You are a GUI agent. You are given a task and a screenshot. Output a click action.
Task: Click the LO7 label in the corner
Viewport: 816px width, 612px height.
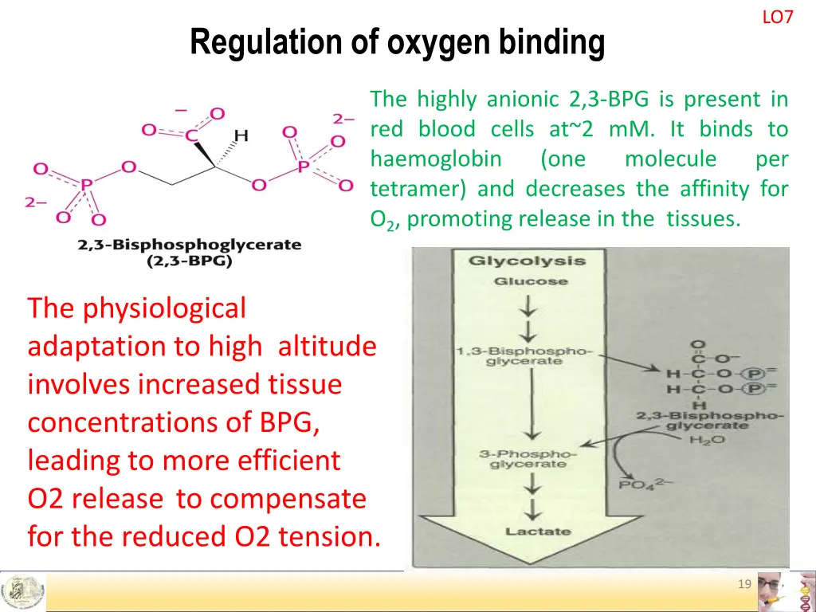pos(777,17)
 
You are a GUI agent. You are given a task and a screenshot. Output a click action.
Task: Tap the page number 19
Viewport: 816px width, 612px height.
pos(744,585)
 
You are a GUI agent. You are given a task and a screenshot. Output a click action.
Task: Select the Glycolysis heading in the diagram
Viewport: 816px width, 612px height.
pos(526,261)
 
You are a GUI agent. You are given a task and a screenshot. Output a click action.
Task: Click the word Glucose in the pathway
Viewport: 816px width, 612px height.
pos(530,280)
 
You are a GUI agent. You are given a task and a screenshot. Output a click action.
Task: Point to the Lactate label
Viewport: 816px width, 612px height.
pos(537,531)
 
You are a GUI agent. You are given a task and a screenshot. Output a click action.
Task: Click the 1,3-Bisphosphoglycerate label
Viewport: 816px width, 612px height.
pos(524,355)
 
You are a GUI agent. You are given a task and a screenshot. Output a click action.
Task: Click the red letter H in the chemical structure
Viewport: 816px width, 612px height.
pos(241,135)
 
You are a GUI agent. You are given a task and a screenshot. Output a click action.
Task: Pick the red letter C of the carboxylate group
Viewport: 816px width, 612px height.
pos(191,136)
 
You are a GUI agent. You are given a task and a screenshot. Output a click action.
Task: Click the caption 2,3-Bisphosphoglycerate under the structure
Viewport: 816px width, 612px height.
pos(190,245)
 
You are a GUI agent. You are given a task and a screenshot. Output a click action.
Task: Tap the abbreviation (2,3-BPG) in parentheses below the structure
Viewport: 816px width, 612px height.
pos(190,261)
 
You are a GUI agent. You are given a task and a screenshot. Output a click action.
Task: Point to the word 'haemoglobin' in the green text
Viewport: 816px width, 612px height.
pos(436,159)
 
